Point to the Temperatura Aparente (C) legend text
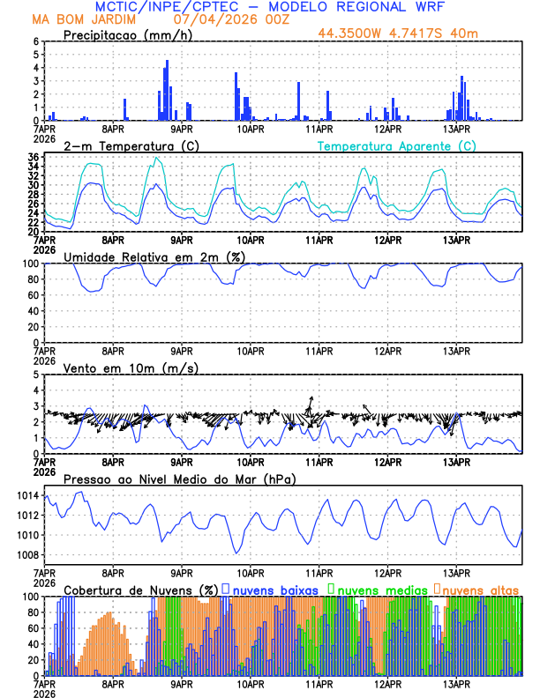pos(396,145)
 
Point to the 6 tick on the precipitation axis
pos(36,41)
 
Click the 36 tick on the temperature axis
pos(33,157)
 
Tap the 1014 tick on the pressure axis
pos(26,496)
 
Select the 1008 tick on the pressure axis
pos(26,554)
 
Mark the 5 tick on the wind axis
pos(36,375)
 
